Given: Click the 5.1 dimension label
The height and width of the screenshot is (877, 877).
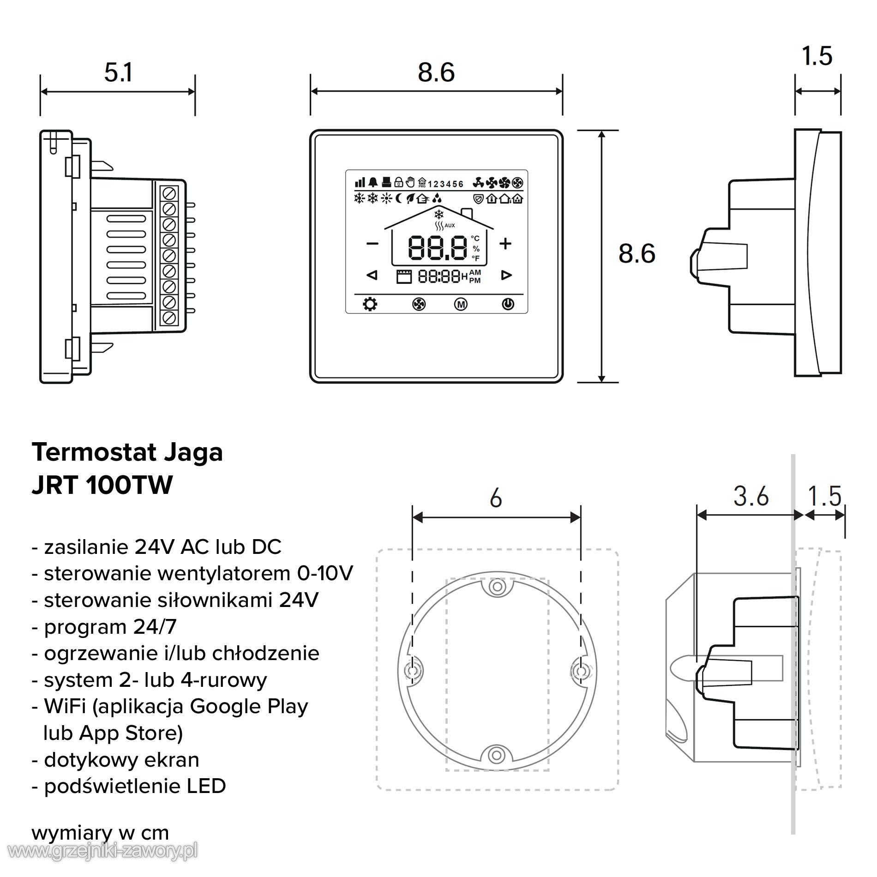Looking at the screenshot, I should tap(118, 73).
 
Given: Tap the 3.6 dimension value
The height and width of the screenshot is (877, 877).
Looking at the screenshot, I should tap(751, 497).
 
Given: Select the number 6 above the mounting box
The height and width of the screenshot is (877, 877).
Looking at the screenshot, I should tap(496, 499).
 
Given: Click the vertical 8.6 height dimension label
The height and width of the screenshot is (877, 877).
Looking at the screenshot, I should tap(637, 254).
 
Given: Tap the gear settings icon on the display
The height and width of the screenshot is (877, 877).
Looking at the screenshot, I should tap(370, 304).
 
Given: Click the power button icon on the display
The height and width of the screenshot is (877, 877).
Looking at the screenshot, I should tap(508, 304).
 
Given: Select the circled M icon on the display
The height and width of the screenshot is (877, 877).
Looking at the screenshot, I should tap(461, 304).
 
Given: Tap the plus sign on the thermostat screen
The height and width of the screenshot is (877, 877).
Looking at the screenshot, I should tap(505, 243).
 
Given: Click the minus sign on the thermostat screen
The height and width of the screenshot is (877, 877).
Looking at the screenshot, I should tap(372, 243).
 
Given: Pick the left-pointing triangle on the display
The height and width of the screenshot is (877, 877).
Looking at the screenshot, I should tap(372, 276).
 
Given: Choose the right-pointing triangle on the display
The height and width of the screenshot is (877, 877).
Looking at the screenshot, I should tap(506, 276).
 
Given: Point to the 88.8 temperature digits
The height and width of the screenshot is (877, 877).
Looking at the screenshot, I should tap(437, 248).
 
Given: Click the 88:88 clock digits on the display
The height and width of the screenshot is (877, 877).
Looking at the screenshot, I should tap(439, 276).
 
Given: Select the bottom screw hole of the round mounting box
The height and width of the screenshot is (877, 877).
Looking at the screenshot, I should tap(497, 756).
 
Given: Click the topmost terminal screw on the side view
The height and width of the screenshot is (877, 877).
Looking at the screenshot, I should tap(169, 193).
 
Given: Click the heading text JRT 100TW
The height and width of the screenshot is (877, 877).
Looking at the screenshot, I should tap(102, 485).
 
